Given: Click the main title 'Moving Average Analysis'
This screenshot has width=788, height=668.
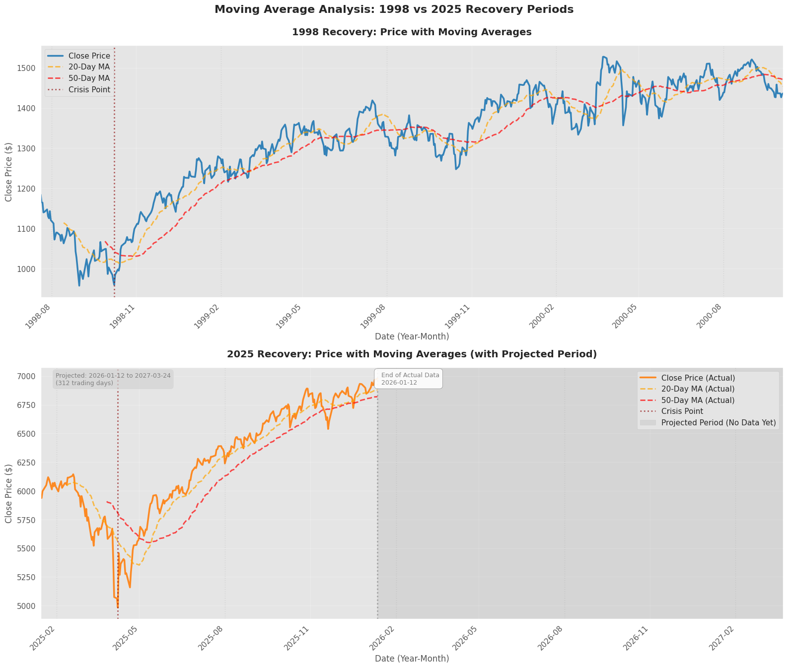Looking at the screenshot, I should pos(394,9).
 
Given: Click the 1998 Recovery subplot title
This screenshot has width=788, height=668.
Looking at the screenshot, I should pos(412,32).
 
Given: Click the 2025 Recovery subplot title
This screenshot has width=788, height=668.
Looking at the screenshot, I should pos(412,354).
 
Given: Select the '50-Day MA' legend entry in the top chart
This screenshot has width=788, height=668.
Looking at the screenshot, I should pos(89,78).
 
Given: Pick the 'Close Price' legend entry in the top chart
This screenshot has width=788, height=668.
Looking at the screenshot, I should pos(89,56).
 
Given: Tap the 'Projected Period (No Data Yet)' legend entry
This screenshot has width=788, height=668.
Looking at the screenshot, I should pos(718,423).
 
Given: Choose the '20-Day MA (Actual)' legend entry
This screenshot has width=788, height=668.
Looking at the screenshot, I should pos(698,389).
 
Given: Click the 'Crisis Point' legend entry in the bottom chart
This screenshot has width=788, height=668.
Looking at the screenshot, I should pos(682,411).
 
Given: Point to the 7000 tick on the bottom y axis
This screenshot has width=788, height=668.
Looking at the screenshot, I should pos(27,377).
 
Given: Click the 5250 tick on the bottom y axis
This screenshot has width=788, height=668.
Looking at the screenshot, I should pos(27,577).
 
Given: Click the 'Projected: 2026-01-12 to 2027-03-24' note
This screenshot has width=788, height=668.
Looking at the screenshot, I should pos(113,379).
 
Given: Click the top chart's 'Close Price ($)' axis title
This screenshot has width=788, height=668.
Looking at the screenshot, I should pos(9,172).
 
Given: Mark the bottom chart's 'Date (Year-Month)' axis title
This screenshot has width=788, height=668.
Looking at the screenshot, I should pos(412,659).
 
